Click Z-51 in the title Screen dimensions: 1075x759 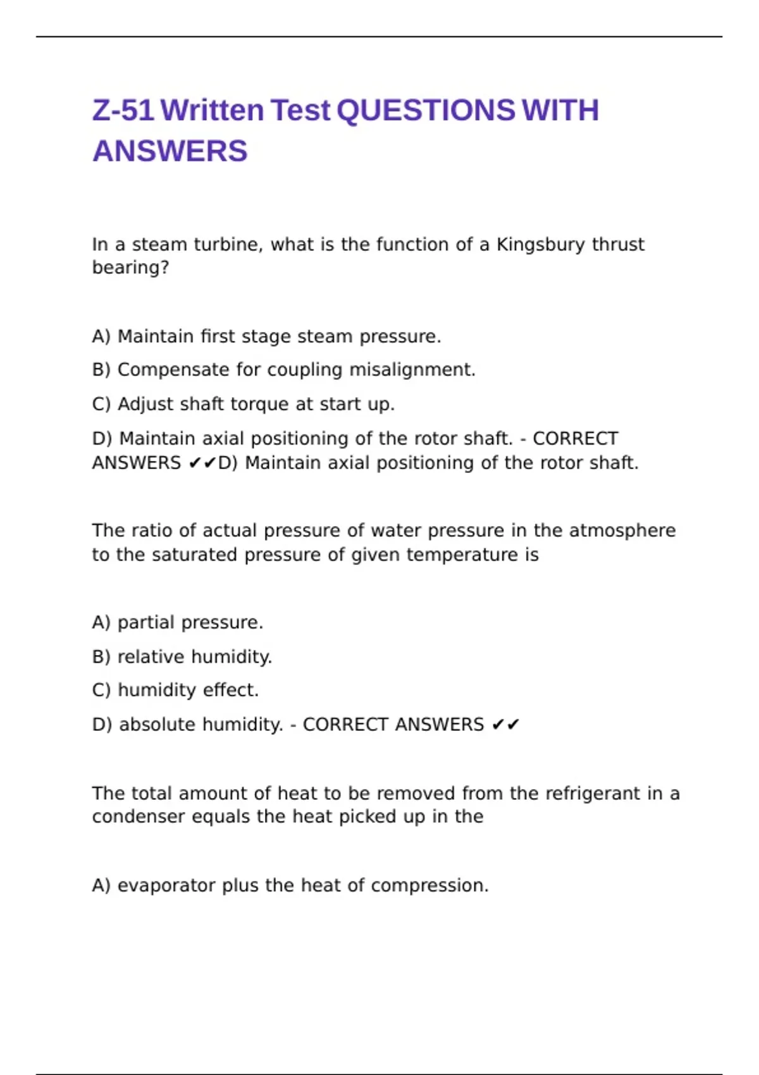(x=123, y=110)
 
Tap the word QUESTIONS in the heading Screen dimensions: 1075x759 (x=426, y=110)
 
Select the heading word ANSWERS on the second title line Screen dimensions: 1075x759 (x=170, y=151)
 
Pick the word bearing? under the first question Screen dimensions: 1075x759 (x=130, y=268)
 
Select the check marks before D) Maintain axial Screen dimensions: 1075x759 (x=202, y=464)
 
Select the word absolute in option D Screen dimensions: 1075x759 (x=157, y=725)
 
